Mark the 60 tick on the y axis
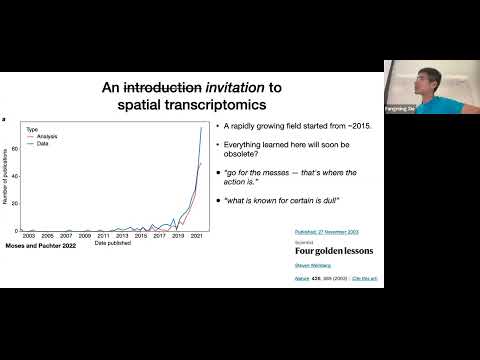pyautogui.click(x=15, y=149)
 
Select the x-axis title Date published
pyautogui.click(x=112, y=243)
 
